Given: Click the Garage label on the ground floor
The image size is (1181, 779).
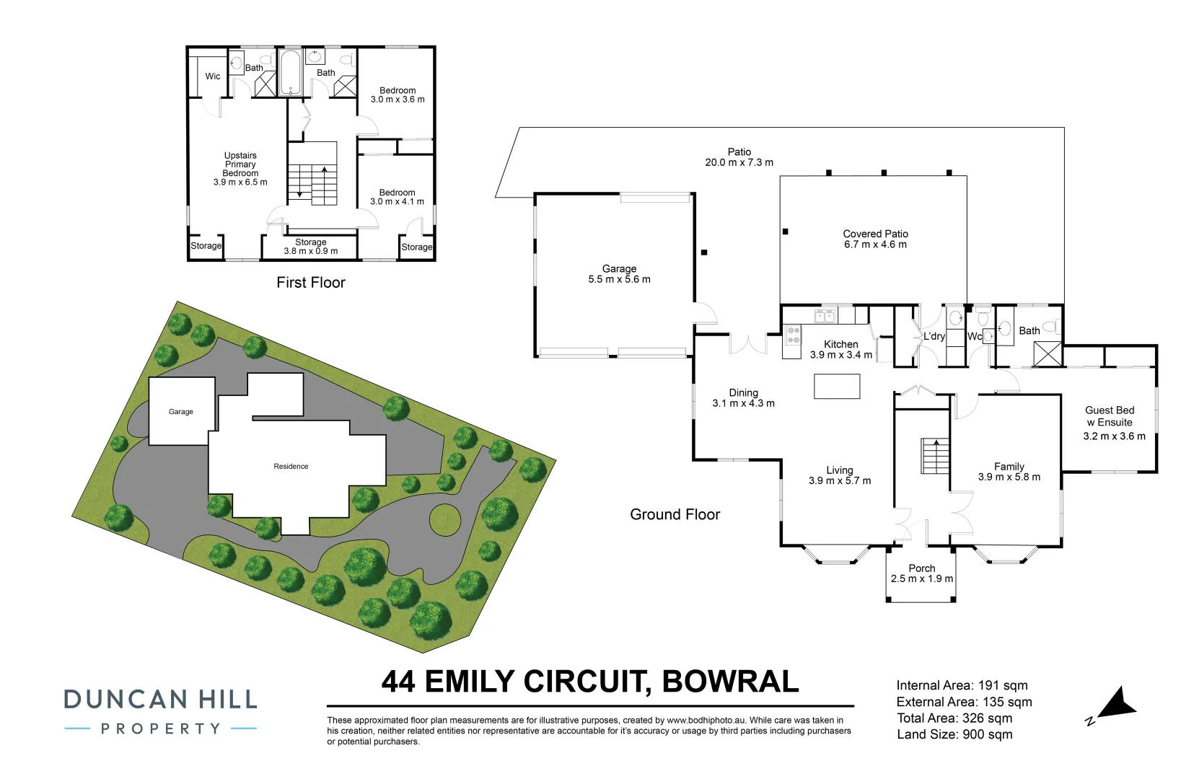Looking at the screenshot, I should click(619, 268).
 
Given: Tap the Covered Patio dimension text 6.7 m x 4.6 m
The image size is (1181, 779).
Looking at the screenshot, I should click(875, 245).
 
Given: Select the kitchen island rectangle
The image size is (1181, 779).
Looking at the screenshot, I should click(837, 387).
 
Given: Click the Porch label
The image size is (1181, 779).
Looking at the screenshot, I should click(921, 568).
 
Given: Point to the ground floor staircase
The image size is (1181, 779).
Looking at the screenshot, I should click(935, 456).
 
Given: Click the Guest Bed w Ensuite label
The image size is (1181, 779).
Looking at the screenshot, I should click(1110, 416).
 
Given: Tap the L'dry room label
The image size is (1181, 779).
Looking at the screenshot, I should click(934, 336).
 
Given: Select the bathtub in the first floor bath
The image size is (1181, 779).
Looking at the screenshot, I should click(290, 73).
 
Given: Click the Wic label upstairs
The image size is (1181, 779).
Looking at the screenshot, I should click(213, 76).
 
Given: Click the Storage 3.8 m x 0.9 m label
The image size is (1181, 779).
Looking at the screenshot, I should click(310, 247).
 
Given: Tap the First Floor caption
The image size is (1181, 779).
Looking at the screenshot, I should click(311, 283).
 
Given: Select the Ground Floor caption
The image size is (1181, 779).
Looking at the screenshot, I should click(675, 514).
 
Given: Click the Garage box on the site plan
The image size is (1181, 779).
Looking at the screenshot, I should click(181, 411).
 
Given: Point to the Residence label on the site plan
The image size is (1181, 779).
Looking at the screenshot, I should click(291, 467).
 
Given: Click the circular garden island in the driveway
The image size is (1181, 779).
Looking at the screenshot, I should click(444, 519).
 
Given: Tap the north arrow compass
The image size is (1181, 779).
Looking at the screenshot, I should click(1115, 704).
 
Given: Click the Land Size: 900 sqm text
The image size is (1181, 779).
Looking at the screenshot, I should click(954, 734).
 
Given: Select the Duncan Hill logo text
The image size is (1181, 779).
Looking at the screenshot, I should click(160, 700).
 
